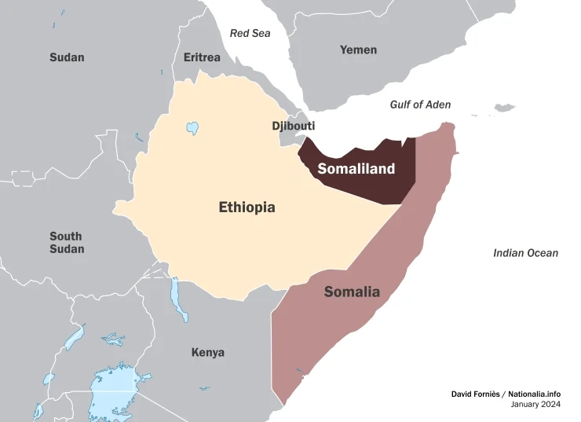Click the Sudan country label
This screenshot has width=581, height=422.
point(67,57)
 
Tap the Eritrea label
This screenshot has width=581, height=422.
point(202,57)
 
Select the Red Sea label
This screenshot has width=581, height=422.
point(249,33)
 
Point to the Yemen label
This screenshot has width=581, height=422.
point(358,50)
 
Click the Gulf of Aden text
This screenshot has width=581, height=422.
point(420,105)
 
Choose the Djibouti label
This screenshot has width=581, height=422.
point(293,126)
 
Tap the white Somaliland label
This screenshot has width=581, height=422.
point(356,169)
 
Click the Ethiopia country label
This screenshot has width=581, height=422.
point(247,207)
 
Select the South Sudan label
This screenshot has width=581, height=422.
point(67,243)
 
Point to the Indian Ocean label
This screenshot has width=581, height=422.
point(525,253)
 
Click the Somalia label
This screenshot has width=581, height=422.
point(352,292)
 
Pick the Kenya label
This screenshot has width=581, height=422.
point(207,352)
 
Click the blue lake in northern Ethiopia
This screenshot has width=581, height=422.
point(192,128)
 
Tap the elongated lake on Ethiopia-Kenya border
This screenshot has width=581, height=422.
point(179,299)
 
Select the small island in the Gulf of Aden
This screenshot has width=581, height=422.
point(504,108)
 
